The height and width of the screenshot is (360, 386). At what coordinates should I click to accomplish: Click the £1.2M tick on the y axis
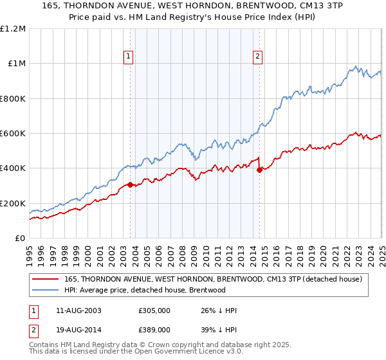tap(13, 29)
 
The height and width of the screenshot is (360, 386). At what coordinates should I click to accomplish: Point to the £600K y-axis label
tap(13, 134)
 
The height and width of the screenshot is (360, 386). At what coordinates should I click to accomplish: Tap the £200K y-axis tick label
tap(13, 203)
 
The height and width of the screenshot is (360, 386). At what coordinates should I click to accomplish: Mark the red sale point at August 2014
tap(259, 170)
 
